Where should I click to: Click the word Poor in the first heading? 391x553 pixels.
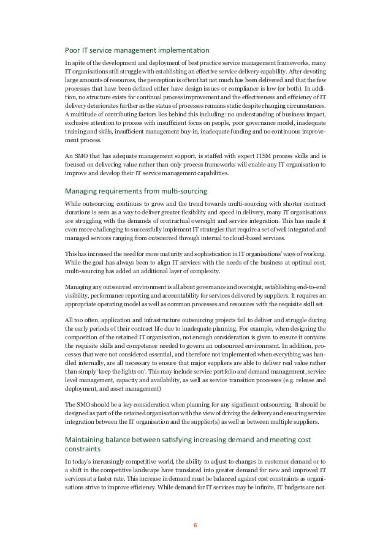pyautogui.click(x=73, y=50)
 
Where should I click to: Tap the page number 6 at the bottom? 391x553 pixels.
pyautogui.click(x=195, y=524)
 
